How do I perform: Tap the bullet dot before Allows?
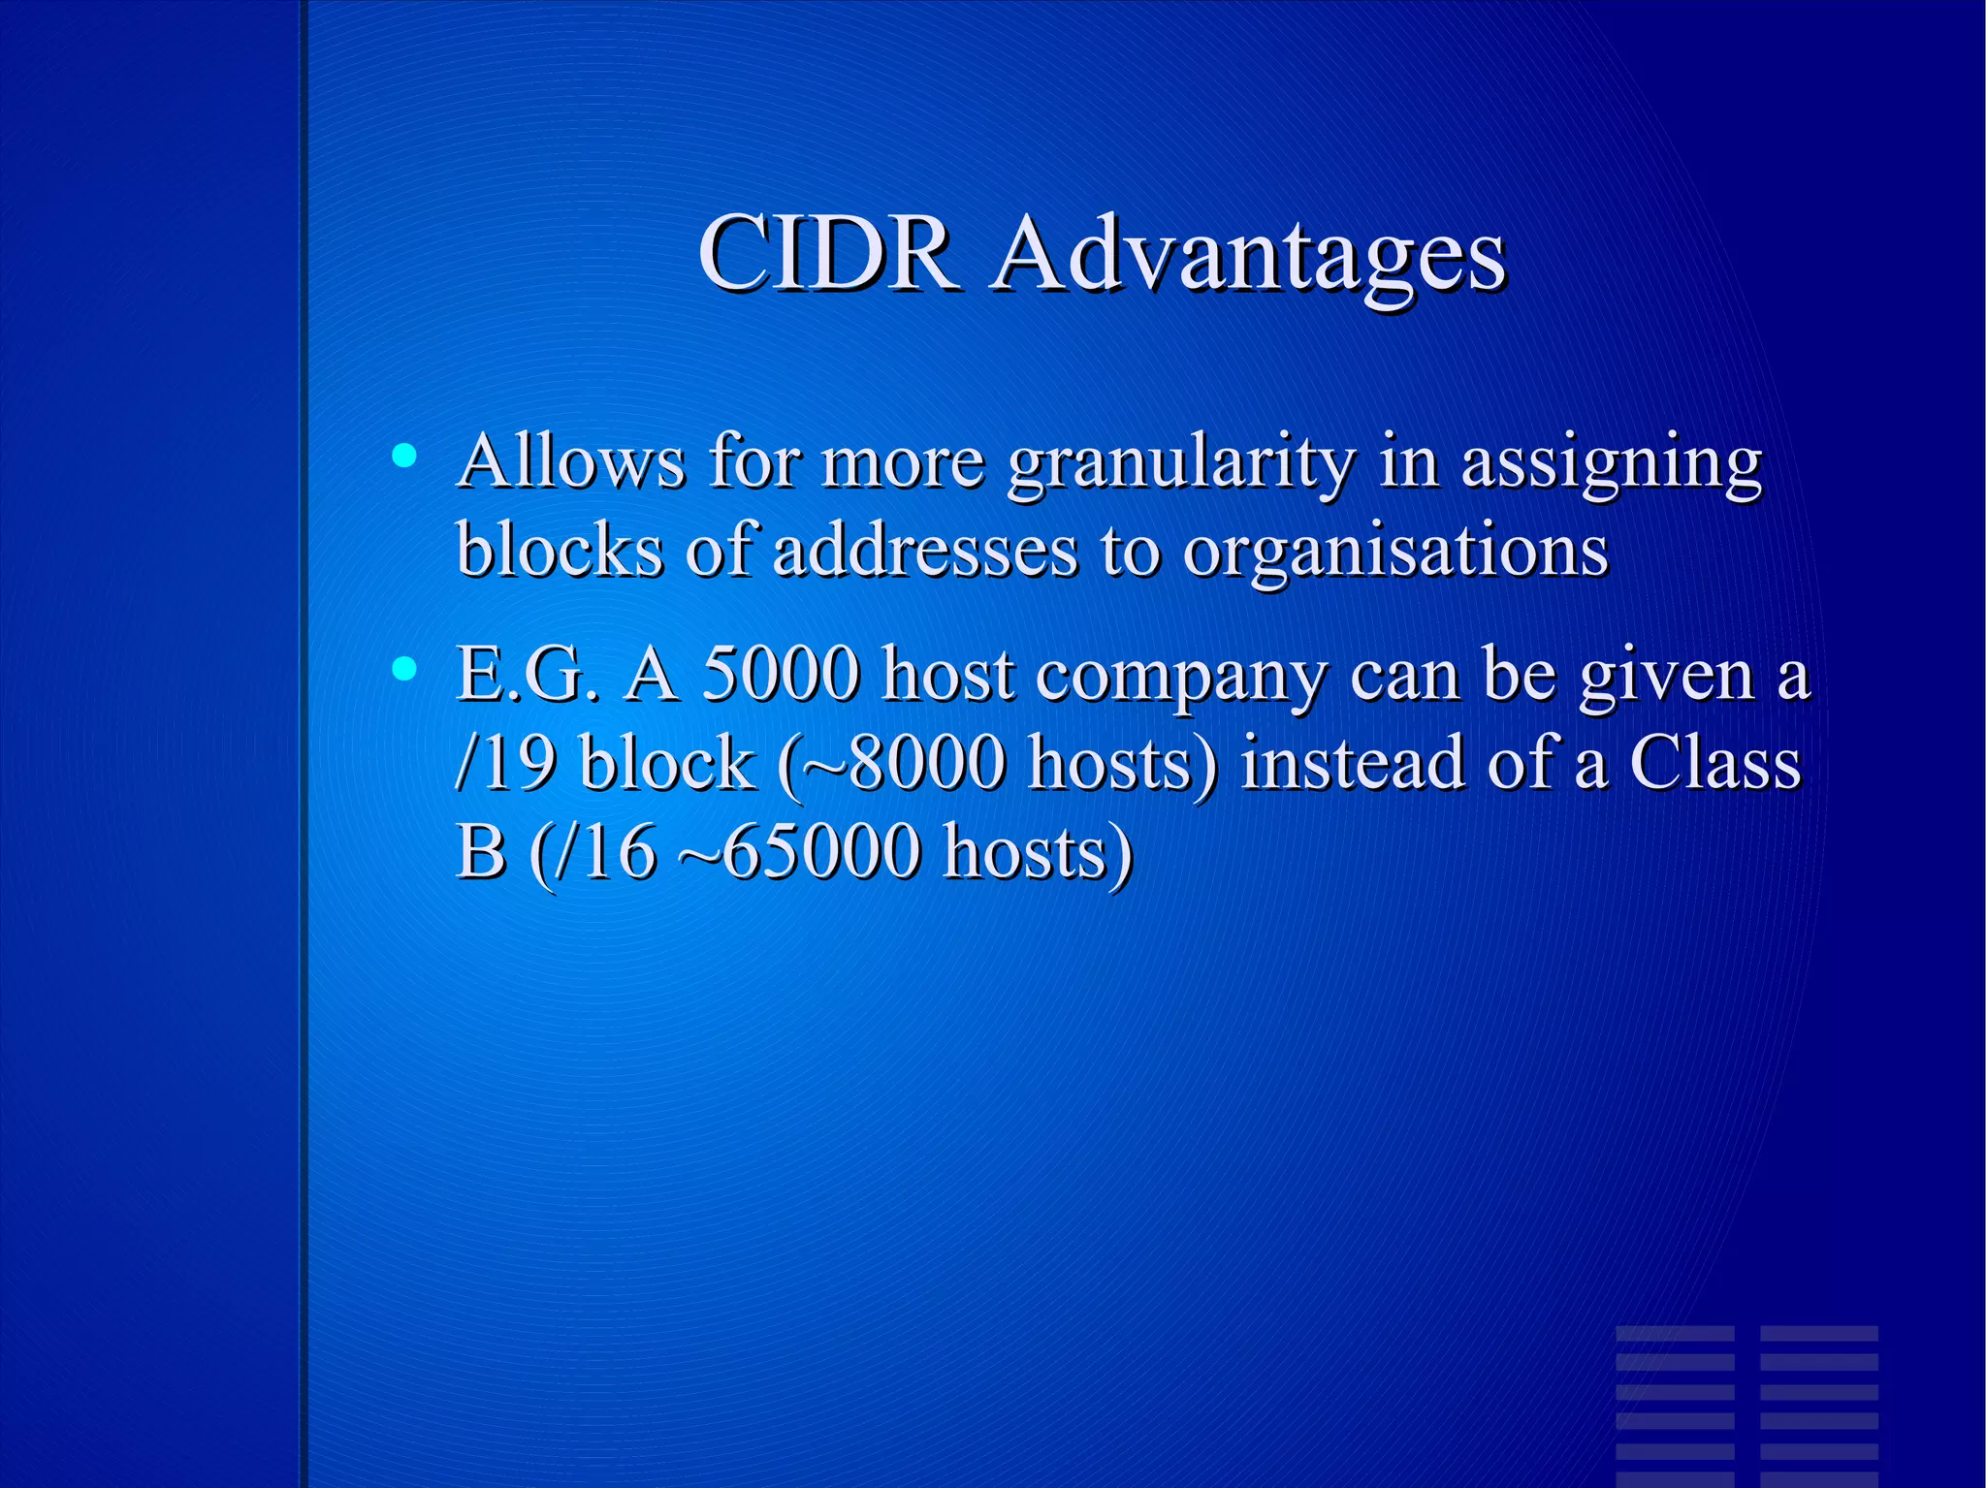[404, 455]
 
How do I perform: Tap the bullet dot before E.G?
[404, 668]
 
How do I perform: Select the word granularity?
[1179, 463]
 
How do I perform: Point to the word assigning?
[1611, 463]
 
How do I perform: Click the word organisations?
[1395, 551]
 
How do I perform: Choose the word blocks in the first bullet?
[560, 551]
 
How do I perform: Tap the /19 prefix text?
[505, 763]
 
